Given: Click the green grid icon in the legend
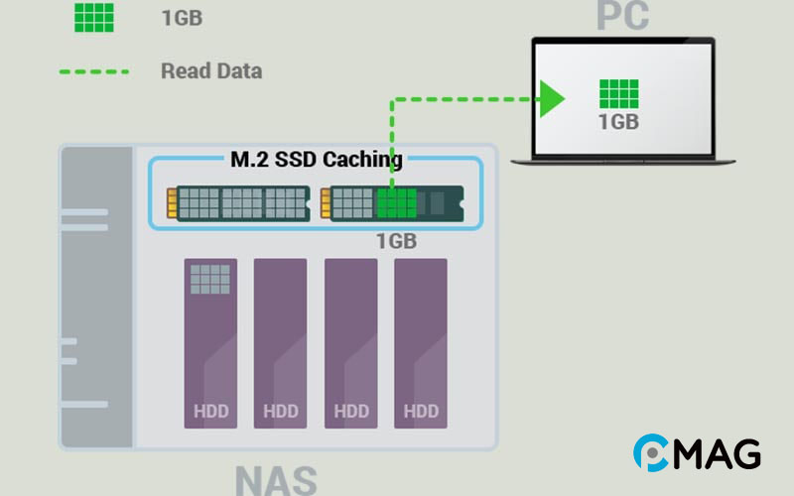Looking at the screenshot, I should pyautogui.click(x=93, y=17).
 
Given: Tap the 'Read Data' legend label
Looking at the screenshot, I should pyautogui.click(x=211, y=71).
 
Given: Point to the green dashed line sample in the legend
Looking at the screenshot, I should pyautogui.click(x=93, y=71).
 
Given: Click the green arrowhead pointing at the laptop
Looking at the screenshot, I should pyautogui.click(x=552, y=98).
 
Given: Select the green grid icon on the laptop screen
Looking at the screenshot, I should pyautogui.click(x=618, y=93).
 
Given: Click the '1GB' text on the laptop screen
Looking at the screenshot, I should pyautogui.click(x=618, y=122).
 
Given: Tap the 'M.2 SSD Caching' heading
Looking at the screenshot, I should pyautogui.click(x=317, y=159).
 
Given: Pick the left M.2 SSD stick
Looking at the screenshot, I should pyautogui.click(x=238, y=202).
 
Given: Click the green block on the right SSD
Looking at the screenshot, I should pyautogui.click(x=396, y=203).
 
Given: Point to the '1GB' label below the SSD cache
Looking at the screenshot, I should pyautogui.click(x=396, y=241).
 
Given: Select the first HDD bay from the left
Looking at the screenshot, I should pyautogui.click(x=210, y=343).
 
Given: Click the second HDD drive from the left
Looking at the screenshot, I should pyautogui.click(x=281, y=343).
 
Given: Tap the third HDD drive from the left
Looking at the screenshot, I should pyautogui.click(x=351, y=343).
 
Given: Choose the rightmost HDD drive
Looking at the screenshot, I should pyautogui.click(x=421, y=343).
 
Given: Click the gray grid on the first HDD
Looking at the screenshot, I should pyautogui.click(x=209, y=279).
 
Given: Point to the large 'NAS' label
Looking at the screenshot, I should pyautogui.click(x=276, y=479).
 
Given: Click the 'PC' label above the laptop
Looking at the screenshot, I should pyautogui.click(x=622, y=15).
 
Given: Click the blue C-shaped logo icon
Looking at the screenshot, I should pyautogui.click(x=653, y=453).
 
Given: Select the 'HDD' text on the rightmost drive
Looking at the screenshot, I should pyautogui.click(x=421, y=411).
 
